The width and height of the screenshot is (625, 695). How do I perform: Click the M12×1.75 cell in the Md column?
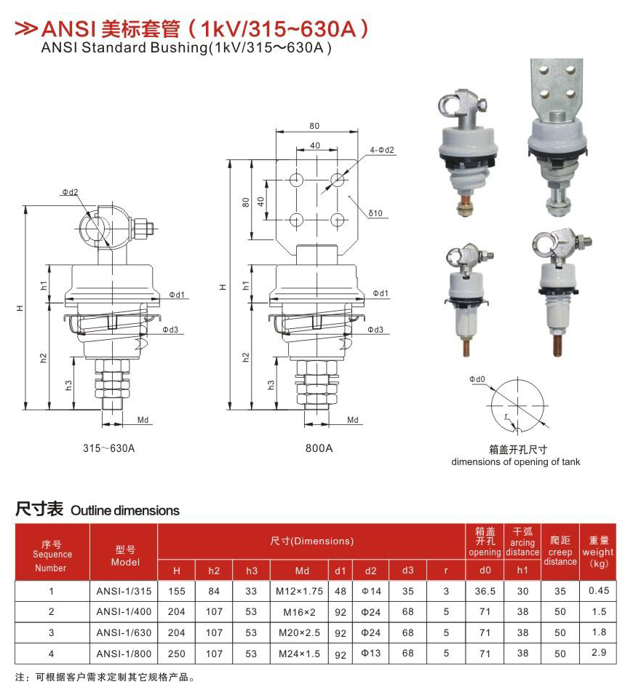299,591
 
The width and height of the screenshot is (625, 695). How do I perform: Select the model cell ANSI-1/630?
124,632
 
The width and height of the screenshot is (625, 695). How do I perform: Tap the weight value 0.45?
598,591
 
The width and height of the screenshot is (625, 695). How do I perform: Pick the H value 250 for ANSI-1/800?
176,654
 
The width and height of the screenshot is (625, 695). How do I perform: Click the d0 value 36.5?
485,591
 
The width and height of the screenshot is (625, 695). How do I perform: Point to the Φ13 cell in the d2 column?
370,654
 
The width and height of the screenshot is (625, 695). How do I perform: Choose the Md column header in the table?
302,571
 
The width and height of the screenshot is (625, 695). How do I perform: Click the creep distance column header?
560,551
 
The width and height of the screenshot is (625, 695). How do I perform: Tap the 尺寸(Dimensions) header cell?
311,541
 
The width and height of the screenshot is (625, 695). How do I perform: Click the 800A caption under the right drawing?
319,448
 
